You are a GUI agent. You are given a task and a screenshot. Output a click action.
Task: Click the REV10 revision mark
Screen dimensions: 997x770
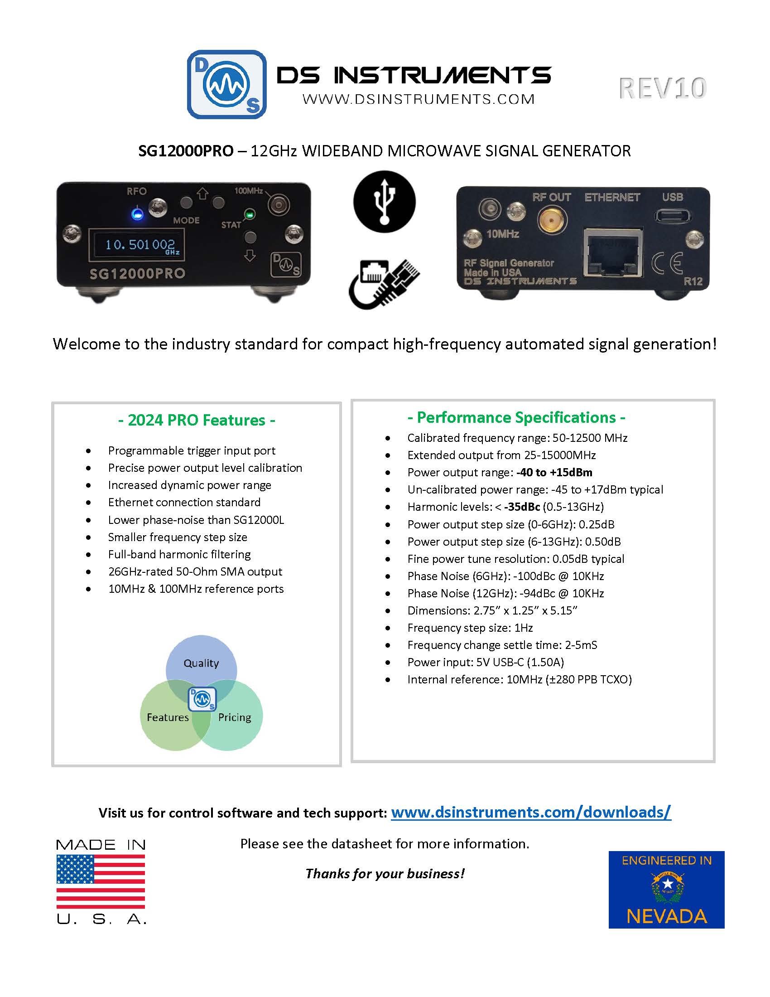click(x=662, y=88)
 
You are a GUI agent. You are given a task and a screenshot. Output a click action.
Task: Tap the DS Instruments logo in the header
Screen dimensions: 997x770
click(x=227, y=84)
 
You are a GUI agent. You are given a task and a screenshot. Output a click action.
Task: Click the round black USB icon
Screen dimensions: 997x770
click(x=384, y=201)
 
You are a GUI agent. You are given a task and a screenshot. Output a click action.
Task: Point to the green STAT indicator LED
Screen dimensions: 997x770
click(x=249, y=213)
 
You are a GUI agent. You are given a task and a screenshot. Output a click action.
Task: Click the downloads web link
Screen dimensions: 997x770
click(x=531, y=812)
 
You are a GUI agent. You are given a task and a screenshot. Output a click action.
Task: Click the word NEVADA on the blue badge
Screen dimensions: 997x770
click(x=666, y=916)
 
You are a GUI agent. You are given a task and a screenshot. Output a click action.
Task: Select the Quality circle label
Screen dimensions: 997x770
click(x=201, y=663)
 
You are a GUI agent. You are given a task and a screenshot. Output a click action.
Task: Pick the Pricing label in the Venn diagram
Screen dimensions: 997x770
click(x=235, y=717)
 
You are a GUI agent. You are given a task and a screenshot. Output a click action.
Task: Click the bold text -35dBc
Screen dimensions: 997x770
click(x=522, y=507)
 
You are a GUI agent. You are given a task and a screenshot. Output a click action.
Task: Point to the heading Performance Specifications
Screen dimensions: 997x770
click(x=516, y=417)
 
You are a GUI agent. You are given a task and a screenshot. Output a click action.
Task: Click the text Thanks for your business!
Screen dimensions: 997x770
click(x=385, y=873)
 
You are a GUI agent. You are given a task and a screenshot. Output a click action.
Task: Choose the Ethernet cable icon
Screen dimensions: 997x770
click(x=384, y=283)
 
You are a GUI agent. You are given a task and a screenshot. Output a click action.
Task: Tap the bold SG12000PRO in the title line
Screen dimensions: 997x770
click(x=186, y=150)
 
